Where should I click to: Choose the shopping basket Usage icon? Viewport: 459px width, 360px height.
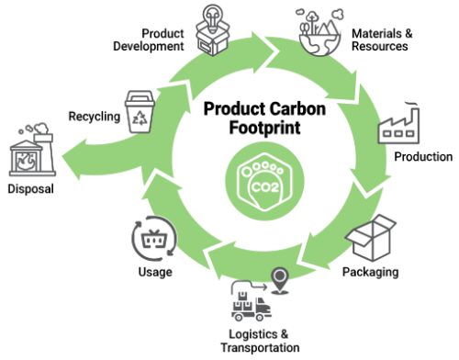151,240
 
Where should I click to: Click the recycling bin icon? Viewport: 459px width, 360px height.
140,113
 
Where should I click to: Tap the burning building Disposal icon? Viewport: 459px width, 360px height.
28,152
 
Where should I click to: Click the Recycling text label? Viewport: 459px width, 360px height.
93,116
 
